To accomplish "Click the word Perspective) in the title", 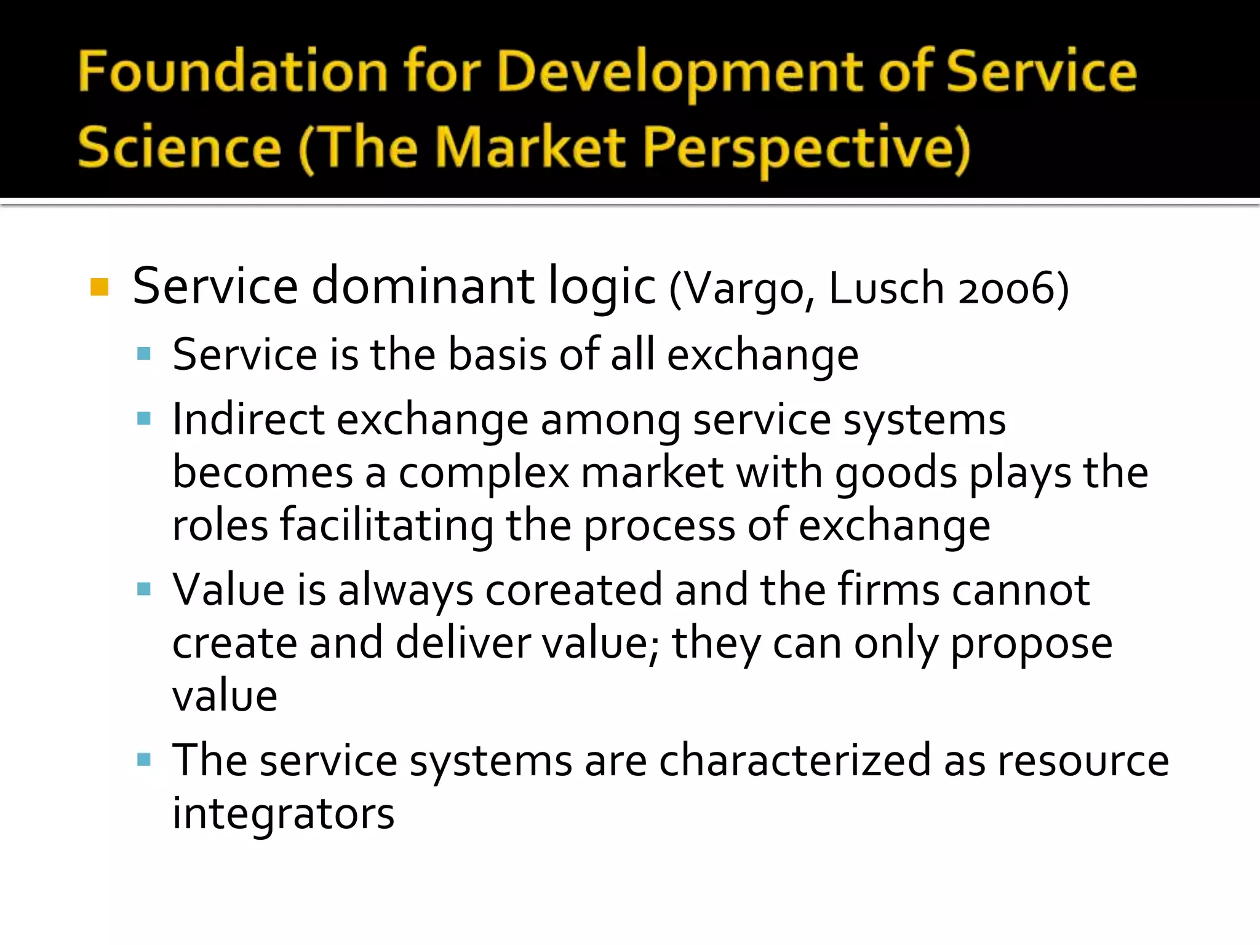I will [x=807, y=150].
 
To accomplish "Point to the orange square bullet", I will [x=99, y=287].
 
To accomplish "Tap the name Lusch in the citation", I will [x=886, y=288].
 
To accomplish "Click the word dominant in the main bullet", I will [x=423, y=286].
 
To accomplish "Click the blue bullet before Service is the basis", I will [x=144, y=354].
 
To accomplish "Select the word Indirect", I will [x=249, y=420].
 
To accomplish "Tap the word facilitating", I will [x=386, y=526].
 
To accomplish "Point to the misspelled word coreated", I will [x=573, y=590].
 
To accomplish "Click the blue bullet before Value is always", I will [x=144, y=589].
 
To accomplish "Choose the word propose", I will [x=1031, y=644].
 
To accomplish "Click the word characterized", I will [x=795, y=761].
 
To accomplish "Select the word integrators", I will [x=283, y=814].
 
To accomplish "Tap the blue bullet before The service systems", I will [x=144, y=760].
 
